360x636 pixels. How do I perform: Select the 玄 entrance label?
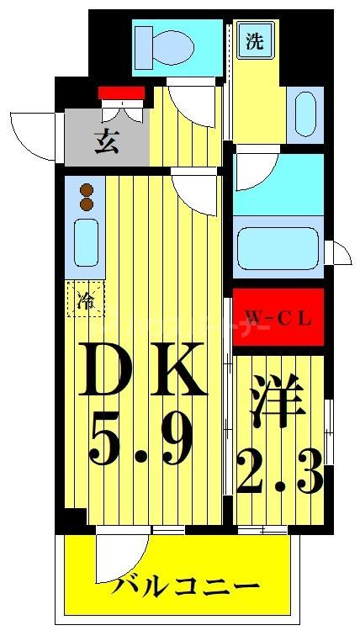(x=107, y=141)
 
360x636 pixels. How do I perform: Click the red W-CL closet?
(x=278, y=318)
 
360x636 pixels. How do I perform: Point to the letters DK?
(x=144, y=371)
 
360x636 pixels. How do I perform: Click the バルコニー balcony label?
(x=176, y=587)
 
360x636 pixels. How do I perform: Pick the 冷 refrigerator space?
(x=86, y=298)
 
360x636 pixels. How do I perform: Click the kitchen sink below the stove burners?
(x=87, y=242)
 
